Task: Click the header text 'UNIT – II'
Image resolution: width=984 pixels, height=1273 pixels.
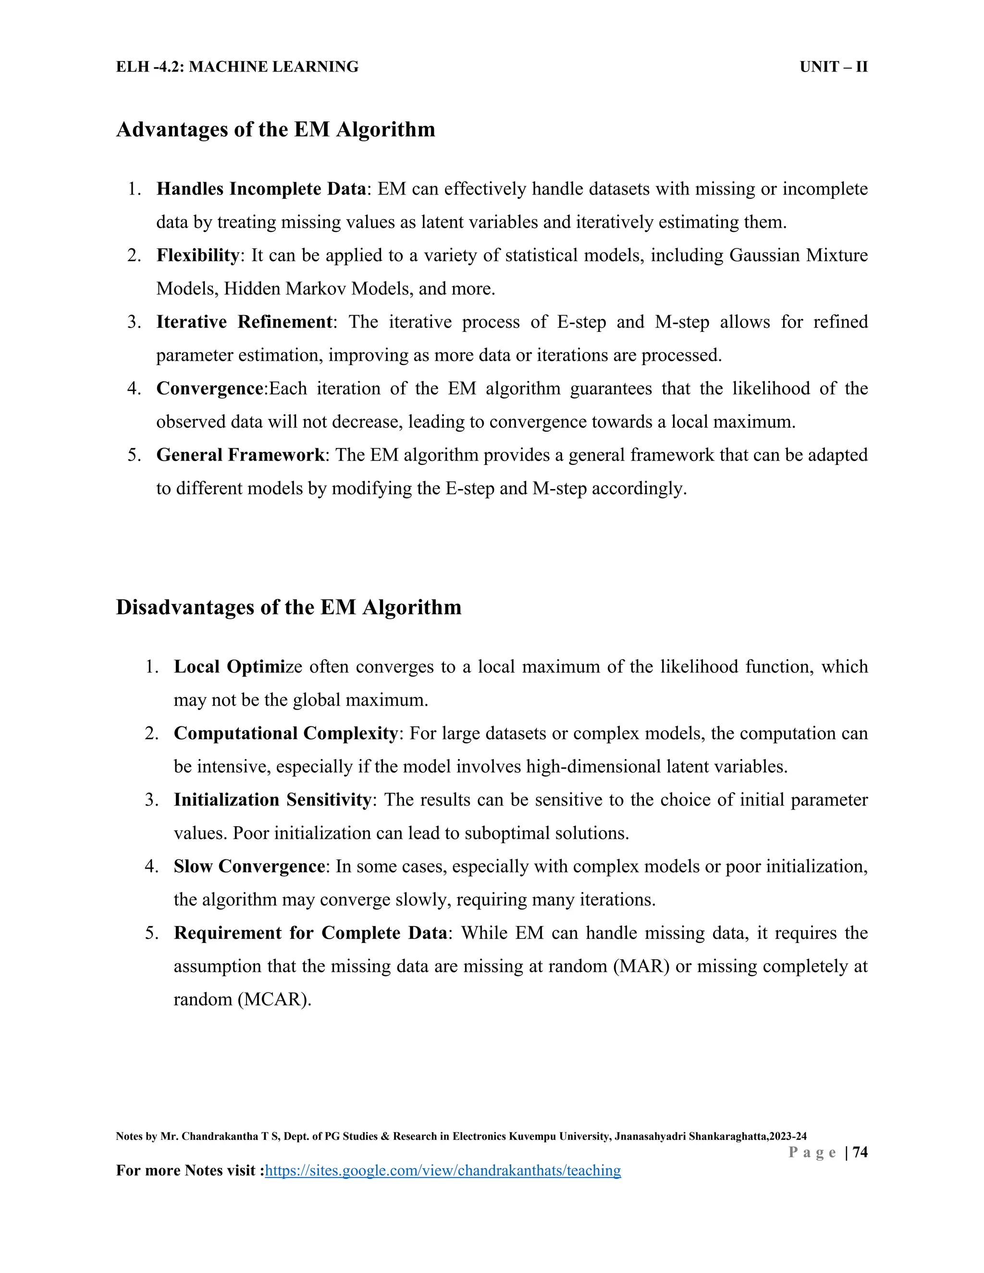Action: tap(833, 67)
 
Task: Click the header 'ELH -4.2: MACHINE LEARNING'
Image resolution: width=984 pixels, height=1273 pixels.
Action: tap(237, 67)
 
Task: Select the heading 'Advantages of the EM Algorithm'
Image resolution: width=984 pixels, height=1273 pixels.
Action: tap(276, 129)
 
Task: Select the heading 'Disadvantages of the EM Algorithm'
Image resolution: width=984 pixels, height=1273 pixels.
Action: tap(289, 607)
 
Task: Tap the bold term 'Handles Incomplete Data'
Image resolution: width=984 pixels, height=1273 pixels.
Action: tap(260, 189)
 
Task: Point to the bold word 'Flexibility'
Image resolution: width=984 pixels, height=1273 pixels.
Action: tap(197, 255)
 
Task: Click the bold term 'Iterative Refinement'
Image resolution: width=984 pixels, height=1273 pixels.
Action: tap(244, 322)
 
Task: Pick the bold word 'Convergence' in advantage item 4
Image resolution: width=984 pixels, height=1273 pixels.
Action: tap(210, 388)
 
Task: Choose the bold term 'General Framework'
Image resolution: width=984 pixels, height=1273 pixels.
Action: tap(240, 454)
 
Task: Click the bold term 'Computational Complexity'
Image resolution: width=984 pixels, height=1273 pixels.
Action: tap(286, 733)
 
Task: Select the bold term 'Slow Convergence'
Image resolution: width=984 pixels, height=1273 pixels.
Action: tap(249, 866)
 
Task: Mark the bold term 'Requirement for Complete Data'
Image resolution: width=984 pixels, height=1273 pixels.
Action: tap(310, 932)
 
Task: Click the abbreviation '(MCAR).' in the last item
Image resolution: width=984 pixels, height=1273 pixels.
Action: tap(274, 1000)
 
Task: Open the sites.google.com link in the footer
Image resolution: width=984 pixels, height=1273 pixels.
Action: tap(443, 1170)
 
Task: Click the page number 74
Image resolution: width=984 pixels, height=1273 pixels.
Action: tap(860, 1152)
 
